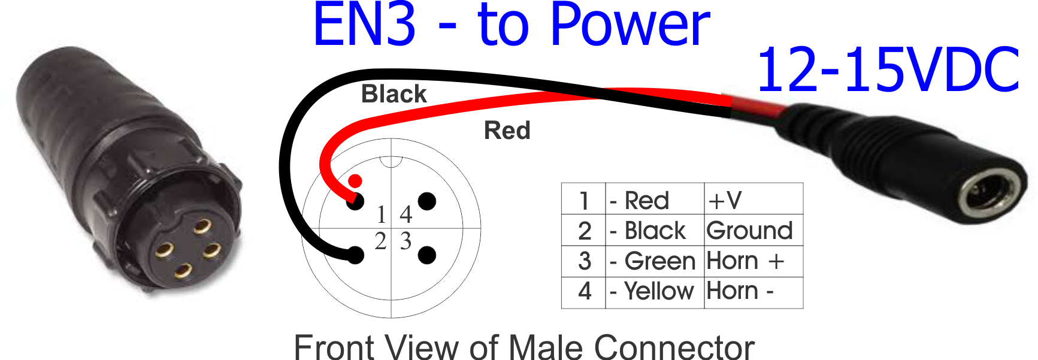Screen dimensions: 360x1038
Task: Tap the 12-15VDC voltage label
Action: (888, 71)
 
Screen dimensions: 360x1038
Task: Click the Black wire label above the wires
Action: (394, 94)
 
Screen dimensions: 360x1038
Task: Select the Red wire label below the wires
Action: (507, 131)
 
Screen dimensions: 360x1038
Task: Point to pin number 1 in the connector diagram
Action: (382, 214)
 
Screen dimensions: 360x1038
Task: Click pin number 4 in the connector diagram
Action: (406, 214)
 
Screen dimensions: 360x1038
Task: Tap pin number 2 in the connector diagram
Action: (380, 241)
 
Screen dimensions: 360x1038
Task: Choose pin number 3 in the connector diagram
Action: (406, 241)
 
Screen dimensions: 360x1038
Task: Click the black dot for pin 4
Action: (427, 201)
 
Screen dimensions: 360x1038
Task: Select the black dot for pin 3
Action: (426, 255)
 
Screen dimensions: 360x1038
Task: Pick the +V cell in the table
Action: (725, 200)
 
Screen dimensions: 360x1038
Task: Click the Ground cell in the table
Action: (749, 231)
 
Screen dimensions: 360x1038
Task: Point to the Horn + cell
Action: (745, 261)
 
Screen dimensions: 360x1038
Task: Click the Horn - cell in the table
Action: (740, 291)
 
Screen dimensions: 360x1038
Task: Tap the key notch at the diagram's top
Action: (391, 161)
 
